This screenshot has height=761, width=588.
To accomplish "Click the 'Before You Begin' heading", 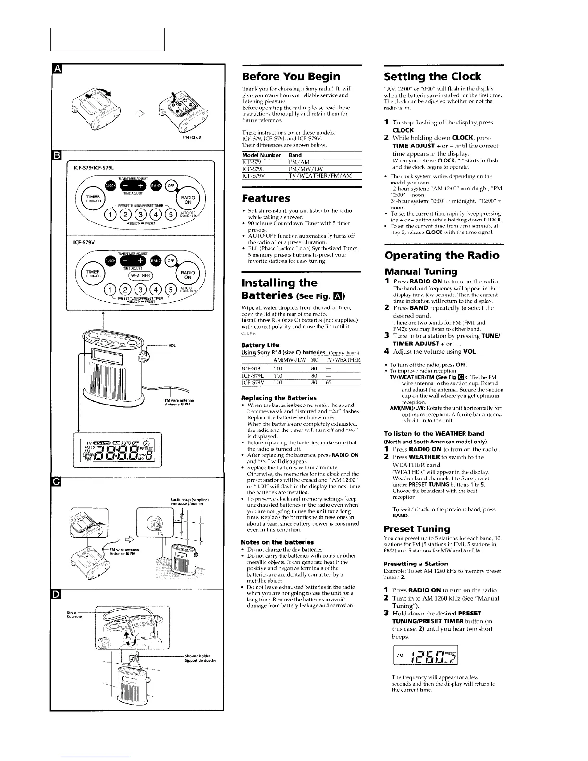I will (291, 76).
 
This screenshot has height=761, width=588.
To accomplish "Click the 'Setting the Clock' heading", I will (432, 76).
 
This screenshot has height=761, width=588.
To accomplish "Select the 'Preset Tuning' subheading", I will (417, 529).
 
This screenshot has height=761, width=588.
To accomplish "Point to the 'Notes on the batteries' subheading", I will (277, 542).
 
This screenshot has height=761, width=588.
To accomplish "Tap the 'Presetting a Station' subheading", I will (416, 564).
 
